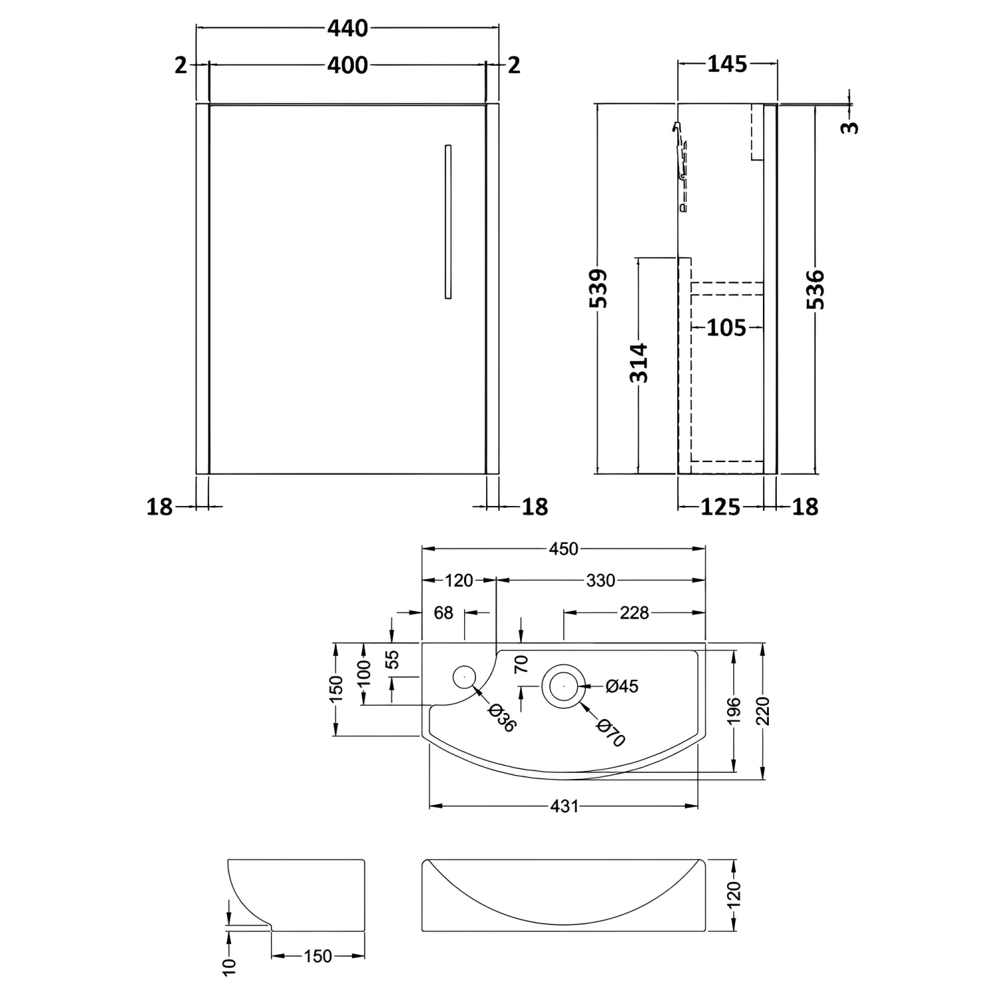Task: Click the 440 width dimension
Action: (347, 29)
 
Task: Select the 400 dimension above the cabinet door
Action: (347, 65)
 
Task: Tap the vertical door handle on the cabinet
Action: (448, 221)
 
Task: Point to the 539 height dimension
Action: (598, 288)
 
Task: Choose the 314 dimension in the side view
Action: (639, 363)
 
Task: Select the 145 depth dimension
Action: (727, 64)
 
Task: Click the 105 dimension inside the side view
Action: (726, 327)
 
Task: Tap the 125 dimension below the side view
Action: (720, 507)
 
